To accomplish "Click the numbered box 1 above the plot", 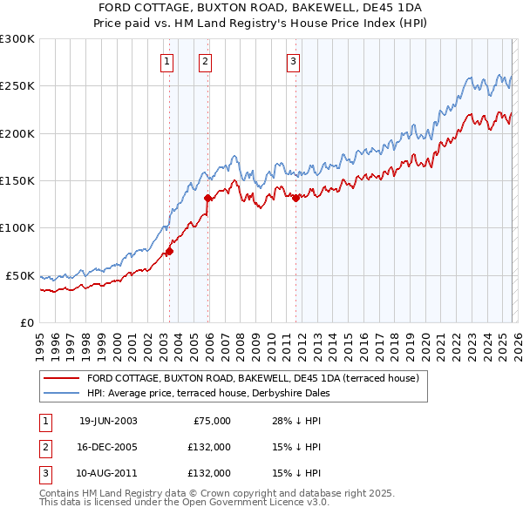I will click(x=166, y=61).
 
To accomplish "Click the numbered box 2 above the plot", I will click(x=205, y=61).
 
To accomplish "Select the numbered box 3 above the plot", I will click(x=294, y=61).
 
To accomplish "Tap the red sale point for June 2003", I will click(x=170, y=252).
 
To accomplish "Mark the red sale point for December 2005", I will click(x=208, y=198).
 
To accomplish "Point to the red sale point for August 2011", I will click(x=295, y=198).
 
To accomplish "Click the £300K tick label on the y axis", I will click(x=17, y=39).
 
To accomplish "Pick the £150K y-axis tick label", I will click(x=17, y=181).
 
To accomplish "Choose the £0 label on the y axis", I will click(x=27, y=322).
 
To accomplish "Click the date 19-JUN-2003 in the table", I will click(x=108, y=421).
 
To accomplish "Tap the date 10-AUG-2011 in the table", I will click(x=108, y=473).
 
